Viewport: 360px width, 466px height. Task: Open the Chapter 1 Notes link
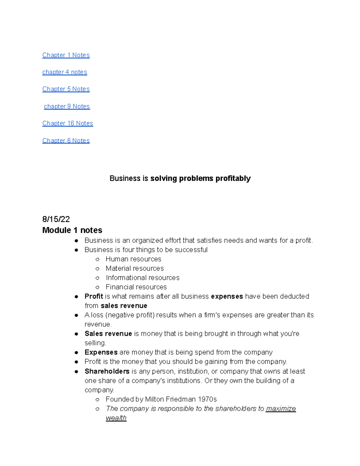coord(66,55)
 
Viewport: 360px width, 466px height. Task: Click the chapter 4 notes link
coord(64,72)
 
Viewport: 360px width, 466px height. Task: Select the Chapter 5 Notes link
coord(66,89)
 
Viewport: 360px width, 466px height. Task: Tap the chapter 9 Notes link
coord(67,107)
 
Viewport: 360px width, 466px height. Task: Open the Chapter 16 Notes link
coord(67,123)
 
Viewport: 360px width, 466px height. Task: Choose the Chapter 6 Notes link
coord(66,141)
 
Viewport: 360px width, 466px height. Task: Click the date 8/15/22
coord(56,219)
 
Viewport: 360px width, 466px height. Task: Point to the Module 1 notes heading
coord(72,230)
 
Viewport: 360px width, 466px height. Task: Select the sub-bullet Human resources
coord(133,259)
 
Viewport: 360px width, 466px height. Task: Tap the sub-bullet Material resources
coord(135,269)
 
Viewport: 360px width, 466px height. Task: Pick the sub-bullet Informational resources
coord(142,278)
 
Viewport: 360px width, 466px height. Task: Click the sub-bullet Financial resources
coord(136,287)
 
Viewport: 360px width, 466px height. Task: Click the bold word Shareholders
coord(107,371)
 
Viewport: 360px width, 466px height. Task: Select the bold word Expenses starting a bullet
coord(101,352)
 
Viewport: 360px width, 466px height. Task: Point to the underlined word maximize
coord(281,409)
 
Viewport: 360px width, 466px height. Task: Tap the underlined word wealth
coord(116,418)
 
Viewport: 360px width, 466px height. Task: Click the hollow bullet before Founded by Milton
coord(97,399)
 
